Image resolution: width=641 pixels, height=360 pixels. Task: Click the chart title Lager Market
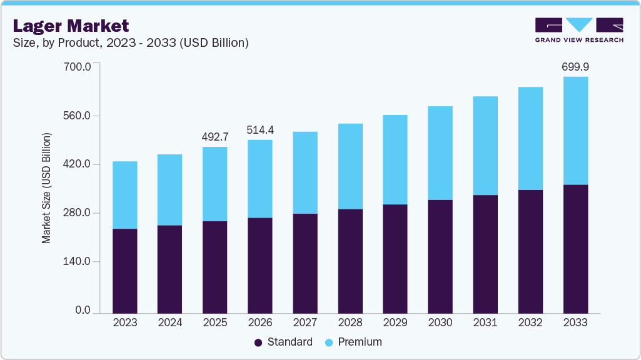pyautogui.click(x=71, y=26)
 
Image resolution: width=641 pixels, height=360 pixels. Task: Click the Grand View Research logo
pyautogui.click(x=579, y=30)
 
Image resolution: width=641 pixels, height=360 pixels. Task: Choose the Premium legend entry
pyautogui.click(x=353, y=342)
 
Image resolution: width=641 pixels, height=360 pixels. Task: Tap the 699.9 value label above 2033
pyautogui.click(x=575, y=66)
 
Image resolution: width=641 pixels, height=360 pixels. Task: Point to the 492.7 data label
pyautogui.click(x=215, y=136)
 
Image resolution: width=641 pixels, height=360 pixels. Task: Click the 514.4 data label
pyautogui.click(x=260, y=130)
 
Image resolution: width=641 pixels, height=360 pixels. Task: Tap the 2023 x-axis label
pyautogui.click(x=124, y=322)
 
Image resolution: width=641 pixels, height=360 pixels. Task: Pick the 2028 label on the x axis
pyautogui.click(x=350, y=322)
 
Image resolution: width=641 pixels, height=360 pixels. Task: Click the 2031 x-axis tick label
pyautogui.click(x=485, y=322)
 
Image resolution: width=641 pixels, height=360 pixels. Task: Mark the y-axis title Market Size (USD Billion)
pyautogui.click(x=47, y=188)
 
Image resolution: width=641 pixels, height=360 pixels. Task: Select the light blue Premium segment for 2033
pyautogui.click(x=575, y=131)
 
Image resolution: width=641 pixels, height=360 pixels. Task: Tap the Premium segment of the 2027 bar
pyautogui.click(x=305, y=172)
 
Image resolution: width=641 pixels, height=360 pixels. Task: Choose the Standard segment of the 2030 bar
pyautogui.click(x=440, y=256)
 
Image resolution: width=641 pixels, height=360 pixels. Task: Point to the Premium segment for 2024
pyautogui.click(x=169, y=189)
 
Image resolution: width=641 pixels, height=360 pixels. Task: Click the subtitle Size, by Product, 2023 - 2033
pyautogui.click(x=131, y=43)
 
